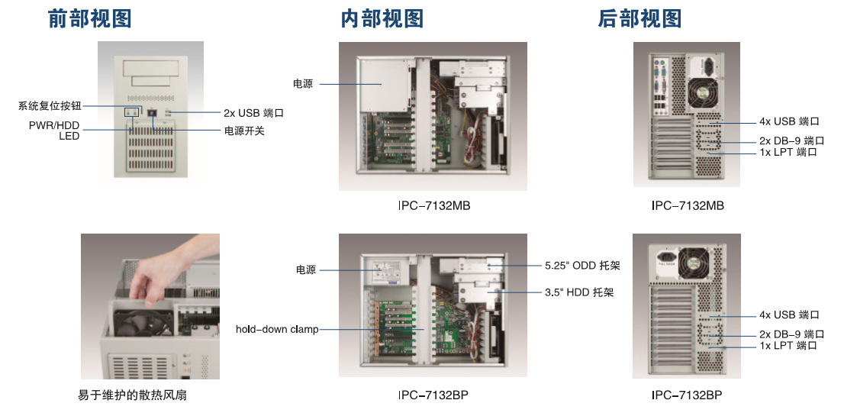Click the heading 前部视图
coord(89,19)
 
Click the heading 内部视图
coord(382,19)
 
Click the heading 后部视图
coord(639,19)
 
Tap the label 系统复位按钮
coord(50,105)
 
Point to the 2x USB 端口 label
coord(253,113)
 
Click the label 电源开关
coord(244,131)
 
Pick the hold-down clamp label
coord(277,329)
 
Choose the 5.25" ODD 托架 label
coord(582,266)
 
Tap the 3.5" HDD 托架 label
coord(579,292)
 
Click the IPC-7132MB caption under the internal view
coord(433,206)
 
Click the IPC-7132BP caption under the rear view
coord(687,395)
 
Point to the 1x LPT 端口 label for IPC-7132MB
coord(788,152)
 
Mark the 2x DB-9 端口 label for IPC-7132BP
coord(791,334)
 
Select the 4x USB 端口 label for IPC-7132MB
coord(789,121)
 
